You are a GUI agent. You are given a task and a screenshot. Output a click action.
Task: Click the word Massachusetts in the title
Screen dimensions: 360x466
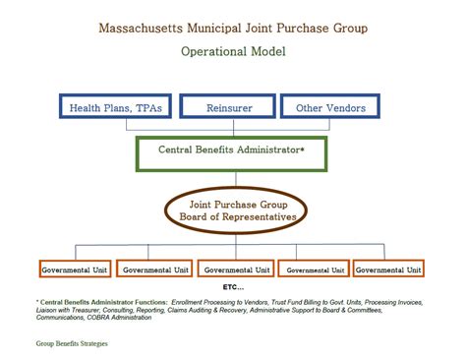(146, 28)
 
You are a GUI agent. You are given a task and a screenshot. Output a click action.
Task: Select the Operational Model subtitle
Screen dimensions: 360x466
(232, 51)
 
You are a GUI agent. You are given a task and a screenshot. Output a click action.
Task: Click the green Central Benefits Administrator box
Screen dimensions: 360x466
(232, 152)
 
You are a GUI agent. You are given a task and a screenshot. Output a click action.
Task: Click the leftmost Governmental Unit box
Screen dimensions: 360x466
(75, 269)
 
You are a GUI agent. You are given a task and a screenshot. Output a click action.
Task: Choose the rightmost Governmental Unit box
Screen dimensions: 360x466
(388, 269)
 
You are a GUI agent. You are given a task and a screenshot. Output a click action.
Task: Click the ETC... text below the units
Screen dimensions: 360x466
(233, 286)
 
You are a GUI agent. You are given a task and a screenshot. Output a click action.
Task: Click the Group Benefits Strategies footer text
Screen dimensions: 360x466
(71, 344)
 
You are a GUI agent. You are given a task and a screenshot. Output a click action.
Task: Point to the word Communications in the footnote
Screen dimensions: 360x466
(62, 318)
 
